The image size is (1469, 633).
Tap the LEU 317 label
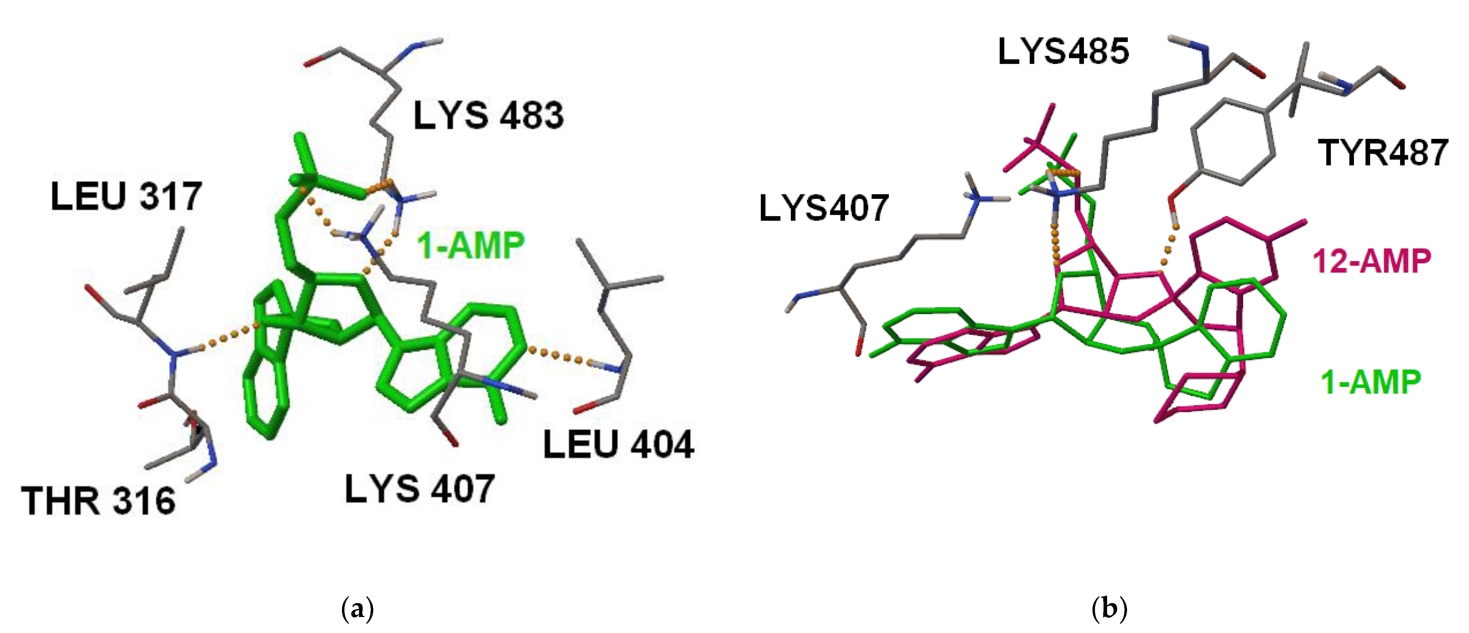point(126,196)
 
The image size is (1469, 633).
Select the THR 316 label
point(98,501)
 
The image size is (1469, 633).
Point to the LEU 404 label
point(618,445)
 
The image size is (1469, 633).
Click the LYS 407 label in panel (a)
point(419,489)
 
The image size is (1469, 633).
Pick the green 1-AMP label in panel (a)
point(471,246)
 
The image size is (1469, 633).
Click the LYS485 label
point(1063,51)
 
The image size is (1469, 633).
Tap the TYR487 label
point(1383,153)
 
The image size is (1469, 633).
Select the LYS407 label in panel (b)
point(824,207)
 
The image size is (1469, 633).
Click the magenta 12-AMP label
point(1371,261)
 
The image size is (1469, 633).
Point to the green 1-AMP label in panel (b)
point(1370,382)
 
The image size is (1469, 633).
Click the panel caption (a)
point(358,608)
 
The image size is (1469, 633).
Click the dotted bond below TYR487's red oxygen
point(1169,248)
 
